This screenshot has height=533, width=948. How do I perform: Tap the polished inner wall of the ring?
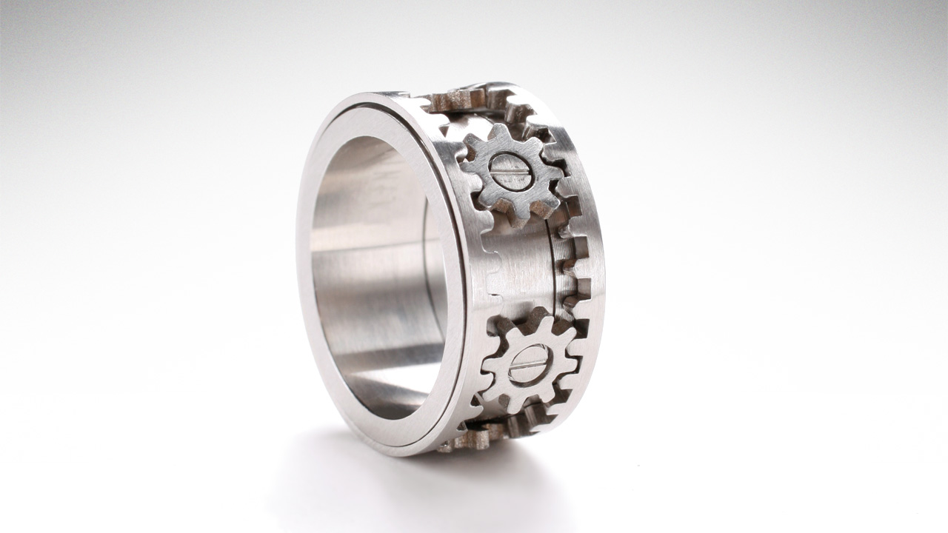(x=370, y=296)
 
